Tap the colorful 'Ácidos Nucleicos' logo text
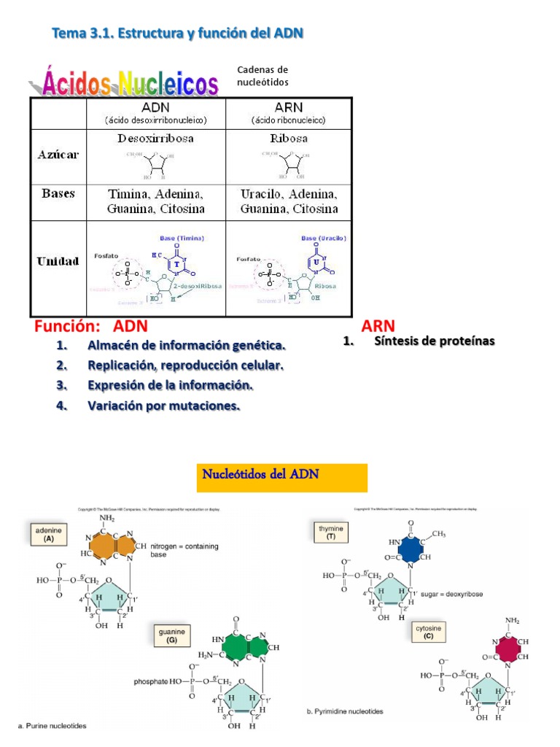124,82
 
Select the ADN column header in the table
155,112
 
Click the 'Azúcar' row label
58,155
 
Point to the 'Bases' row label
58,194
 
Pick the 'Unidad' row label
58,260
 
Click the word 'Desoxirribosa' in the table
155,139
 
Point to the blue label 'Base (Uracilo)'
323,238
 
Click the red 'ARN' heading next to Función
378,326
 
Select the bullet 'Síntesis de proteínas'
434,341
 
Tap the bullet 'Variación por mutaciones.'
163,405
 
